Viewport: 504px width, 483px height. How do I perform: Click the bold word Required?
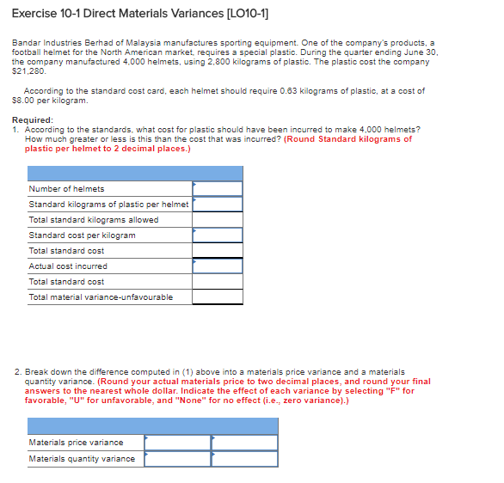tap(33, 120)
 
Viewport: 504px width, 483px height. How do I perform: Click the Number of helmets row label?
tap(66, 189)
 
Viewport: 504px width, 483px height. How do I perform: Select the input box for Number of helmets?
tap(217, 189)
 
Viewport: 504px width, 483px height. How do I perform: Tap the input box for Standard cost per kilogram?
tap(217, 235)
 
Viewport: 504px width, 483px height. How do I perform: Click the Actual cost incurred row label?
tap(68, 266)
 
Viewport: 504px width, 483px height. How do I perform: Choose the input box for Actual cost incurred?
tap(217, 266)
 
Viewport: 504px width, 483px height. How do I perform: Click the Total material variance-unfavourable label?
tap(101, 297)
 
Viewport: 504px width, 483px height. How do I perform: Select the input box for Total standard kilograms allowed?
tap(217, 220)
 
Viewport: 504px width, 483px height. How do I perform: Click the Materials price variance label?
tap(76, 443)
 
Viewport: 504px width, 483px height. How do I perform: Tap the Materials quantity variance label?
tap(82, 459)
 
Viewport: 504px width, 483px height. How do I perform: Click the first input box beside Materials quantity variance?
tap(177, 459)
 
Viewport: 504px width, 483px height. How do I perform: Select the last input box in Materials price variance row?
tap(244, 443)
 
